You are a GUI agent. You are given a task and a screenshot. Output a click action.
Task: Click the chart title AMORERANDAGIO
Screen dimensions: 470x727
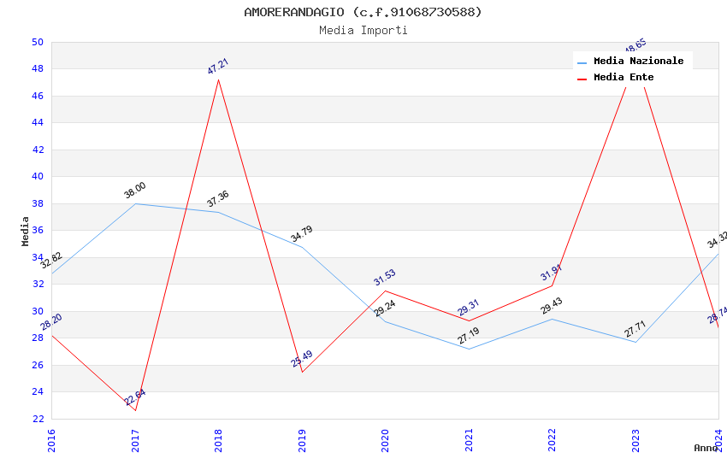click(363, 12)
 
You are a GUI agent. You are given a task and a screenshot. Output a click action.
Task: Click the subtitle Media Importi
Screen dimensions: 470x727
click(363, 30)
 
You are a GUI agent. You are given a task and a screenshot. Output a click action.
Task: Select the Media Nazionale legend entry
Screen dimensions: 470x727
click(638, 61)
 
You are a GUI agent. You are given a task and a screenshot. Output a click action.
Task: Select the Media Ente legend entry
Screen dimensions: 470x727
click(624, 77)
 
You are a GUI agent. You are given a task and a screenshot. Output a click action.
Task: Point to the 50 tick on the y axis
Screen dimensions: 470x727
click(37, 42)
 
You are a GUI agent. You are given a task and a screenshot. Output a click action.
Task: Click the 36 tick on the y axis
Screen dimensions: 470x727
click(37, 231)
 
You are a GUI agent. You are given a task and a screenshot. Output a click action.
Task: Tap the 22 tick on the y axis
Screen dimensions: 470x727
click(37, 419)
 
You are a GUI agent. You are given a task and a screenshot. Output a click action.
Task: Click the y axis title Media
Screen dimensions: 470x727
click(26, 231)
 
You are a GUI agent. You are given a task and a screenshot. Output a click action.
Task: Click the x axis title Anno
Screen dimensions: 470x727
click(706, 448)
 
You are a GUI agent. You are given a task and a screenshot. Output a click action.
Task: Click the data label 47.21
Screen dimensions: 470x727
click(218, 67)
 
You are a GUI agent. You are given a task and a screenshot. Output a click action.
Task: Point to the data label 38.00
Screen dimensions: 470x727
click(135, 191)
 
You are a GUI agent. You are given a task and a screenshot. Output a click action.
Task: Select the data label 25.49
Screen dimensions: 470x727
click(302, 359)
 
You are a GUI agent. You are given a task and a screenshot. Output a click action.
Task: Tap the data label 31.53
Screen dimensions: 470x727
click(385, 278)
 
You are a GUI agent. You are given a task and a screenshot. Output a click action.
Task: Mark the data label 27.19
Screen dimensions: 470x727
click(469, 336)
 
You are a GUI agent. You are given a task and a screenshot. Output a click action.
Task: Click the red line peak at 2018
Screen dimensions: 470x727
click(218, 79)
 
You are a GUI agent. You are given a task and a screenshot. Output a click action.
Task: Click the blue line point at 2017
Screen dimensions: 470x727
click(135, 203)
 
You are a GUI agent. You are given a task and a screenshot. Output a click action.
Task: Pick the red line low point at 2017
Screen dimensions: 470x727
click(135, 410)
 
